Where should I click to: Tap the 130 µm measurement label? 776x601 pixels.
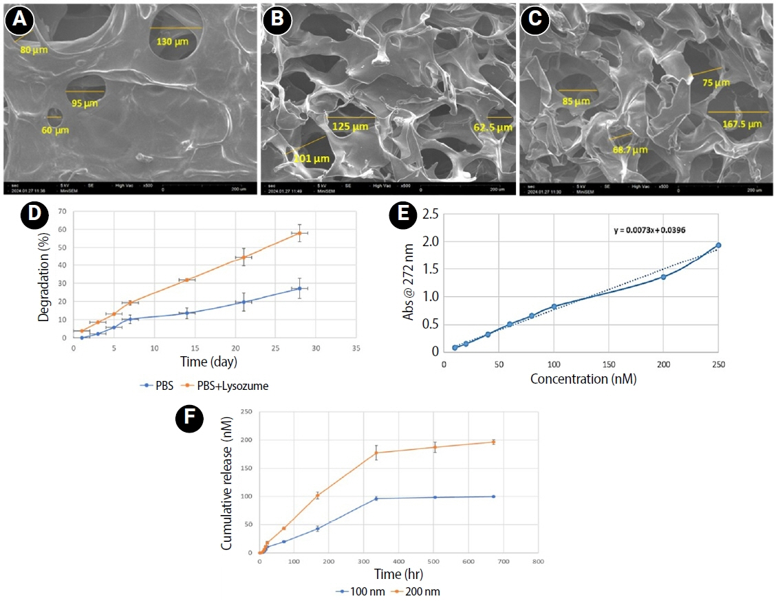coord(172,42)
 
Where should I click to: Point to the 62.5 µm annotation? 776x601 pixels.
coord(493,127)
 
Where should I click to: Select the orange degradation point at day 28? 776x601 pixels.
coord(299,233)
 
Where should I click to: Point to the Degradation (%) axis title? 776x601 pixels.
coord(43,274)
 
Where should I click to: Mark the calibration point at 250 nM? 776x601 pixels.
coord(718,245)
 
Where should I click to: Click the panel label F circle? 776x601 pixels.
coord(191,419)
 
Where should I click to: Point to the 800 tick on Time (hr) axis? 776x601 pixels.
coord(539,562)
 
